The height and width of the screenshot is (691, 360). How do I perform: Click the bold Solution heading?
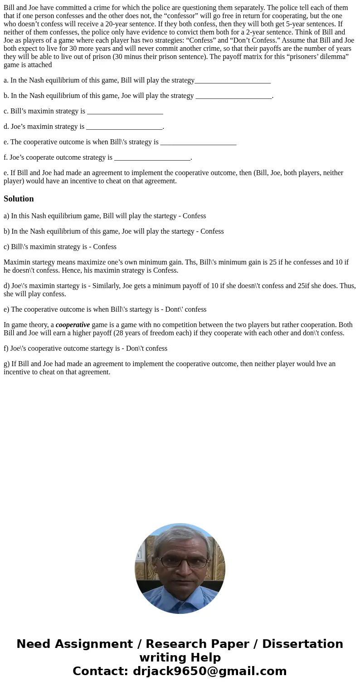tap(19, 199)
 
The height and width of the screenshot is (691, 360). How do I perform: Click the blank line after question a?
tap(232, 81)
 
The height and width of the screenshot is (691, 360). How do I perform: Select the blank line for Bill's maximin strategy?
tap(125, 112)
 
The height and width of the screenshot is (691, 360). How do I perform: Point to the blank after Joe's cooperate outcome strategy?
tap(152, 158)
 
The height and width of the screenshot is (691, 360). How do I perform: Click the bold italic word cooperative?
tap(73, 325)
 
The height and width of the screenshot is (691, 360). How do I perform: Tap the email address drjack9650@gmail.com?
tap(209, 671)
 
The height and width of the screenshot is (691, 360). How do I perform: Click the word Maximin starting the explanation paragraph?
tap(18, 262)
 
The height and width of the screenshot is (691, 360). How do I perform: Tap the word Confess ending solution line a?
tap(194, 216)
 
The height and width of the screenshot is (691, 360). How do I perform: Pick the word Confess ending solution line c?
tap(105, 247)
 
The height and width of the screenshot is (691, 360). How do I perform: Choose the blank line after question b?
tap(234, 96)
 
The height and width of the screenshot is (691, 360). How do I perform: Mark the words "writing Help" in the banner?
tap(180, 657)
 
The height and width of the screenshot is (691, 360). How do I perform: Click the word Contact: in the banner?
tap(100, 671)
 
